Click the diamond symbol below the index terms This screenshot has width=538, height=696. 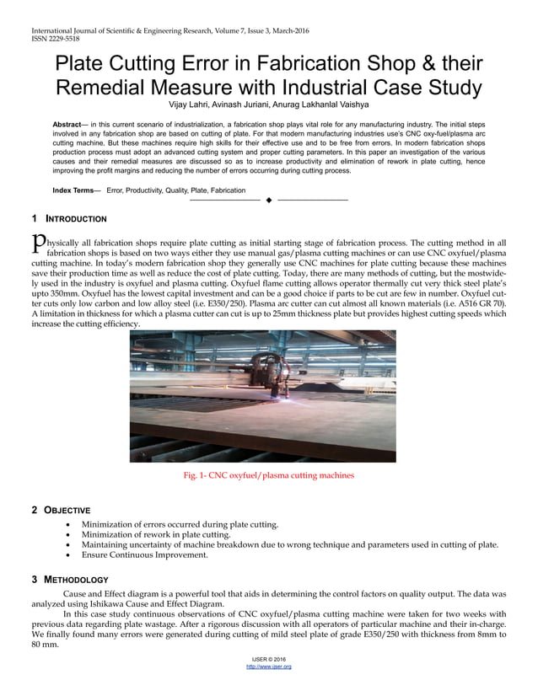click(268, 200)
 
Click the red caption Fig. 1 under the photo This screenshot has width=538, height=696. click(269, 475)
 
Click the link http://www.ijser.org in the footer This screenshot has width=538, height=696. click(268, 667)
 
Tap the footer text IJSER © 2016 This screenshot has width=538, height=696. click(268, 658)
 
